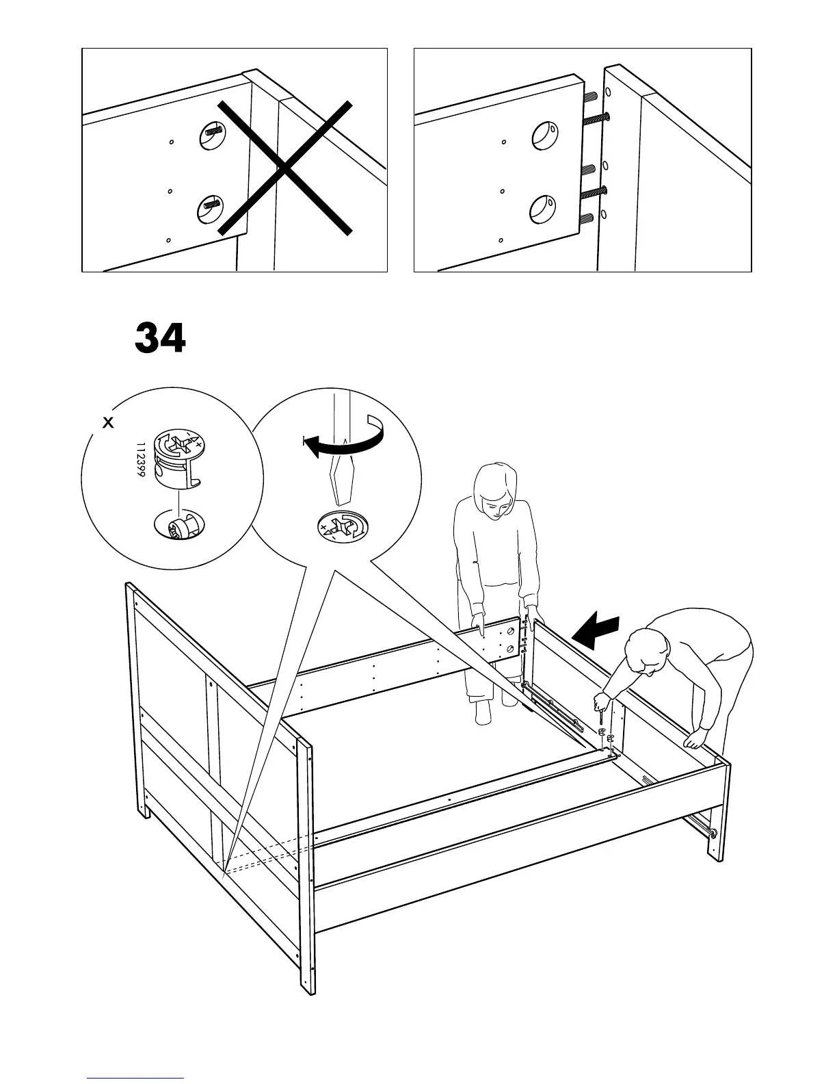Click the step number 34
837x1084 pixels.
(x=160, y=338)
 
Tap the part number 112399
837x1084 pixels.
(x=140, y=459)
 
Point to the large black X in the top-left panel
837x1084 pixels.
(x=285, y=168)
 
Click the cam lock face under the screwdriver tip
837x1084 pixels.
(x=342, y=526)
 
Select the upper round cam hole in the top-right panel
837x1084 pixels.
(x=546, y=135)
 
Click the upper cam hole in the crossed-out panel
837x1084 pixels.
(x=212, y=135)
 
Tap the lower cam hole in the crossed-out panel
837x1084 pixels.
(x=211, y=209)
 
